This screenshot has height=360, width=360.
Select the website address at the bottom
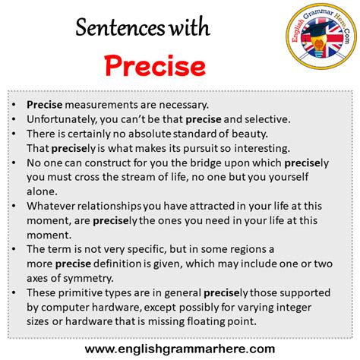coord(179,348)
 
